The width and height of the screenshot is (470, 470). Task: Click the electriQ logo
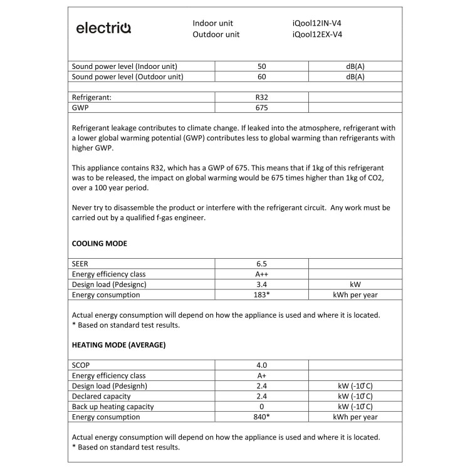pyautogui.click(x=103, y=28)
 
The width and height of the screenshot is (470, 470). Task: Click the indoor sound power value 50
pyautogui.click(x=262, y=66)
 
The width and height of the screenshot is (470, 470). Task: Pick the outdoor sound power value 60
pyautogui.click(x=262, y=77)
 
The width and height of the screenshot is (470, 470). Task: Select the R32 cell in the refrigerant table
pyautogui.click(x=262, y=98)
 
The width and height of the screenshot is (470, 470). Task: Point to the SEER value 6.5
pyautogui.click(x=262, y=264)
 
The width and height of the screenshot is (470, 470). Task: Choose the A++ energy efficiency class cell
pyautogui.click(x=262, y=274)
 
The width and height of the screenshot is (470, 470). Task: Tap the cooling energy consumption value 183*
pyautogui.click(x=262, y=295)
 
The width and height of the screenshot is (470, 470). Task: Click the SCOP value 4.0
pyautogui.click(x=262, y=365)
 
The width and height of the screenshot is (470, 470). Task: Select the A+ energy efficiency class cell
pyautogui.click(x=262, y=375)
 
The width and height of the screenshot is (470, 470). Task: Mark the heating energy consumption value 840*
pyautogui.click(x=262, y=417)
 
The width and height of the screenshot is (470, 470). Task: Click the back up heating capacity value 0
pyautogui.click(x=262, y=407)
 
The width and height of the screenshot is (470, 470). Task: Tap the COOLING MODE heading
pyautogui.click(x=100, y=243)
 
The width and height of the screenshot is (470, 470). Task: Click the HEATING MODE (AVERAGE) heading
pyautogui.click(x=118, y=345)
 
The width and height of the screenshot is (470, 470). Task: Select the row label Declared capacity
pyautogui.click(x=102, y=396)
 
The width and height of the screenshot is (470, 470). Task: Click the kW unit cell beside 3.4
pyautogui.click(x=355, y=285)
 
